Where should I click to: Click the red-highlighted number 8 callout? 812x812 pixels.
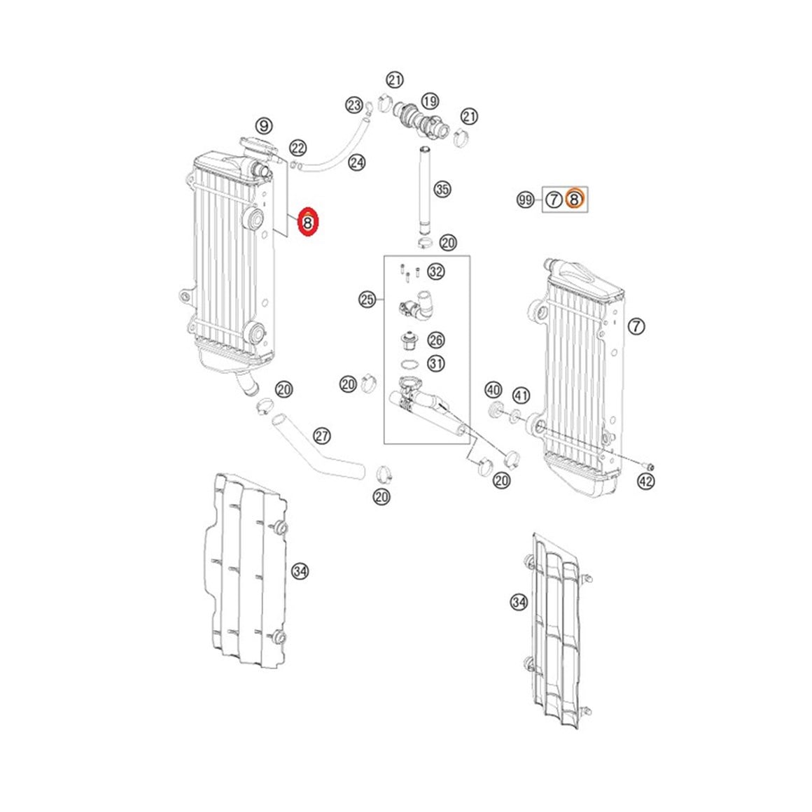click(x=308, y=223)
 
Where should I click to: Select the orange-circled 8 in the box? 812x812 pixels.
click(x=574, y=199)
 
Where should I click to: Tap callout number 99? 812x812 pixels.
click(x=525, y=199)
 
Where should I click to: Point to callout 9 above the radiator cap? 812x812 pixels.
click(x=264, y=126)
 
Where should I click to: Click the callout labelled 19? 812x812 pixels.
click(x=430, y=101)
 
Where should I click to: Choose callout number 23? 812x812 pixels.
click(x=354, y=106)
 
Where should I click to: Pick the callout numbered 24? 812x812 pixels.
click(x=357, y=162)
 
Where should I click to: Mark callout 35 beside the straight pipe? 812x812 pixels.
click(x=442, y=190)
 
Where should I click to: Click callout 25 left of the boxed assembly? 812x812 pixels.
click(x=367, y=300)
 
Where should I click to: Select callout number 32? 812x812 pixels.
click(x=436, y=272)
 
